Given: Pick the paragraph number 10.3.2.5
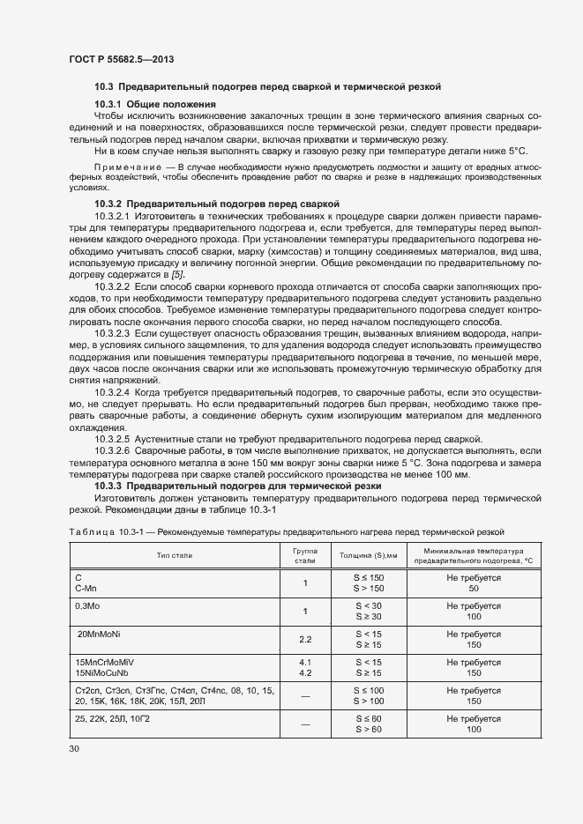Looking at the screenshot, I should point(112,438).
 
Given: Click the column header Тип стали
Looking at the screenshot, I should point(175,555).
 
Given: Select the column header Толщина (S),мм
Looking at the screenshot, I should point(369,555).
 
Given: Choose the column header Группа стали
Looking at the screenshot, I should point(304,554).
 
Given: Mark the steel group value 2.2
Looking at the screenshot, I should point(305,640).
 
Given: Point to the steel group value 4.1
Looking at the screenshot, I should point(305,662).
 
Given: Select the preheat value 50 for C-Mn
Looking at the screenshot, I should point(474,588).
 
